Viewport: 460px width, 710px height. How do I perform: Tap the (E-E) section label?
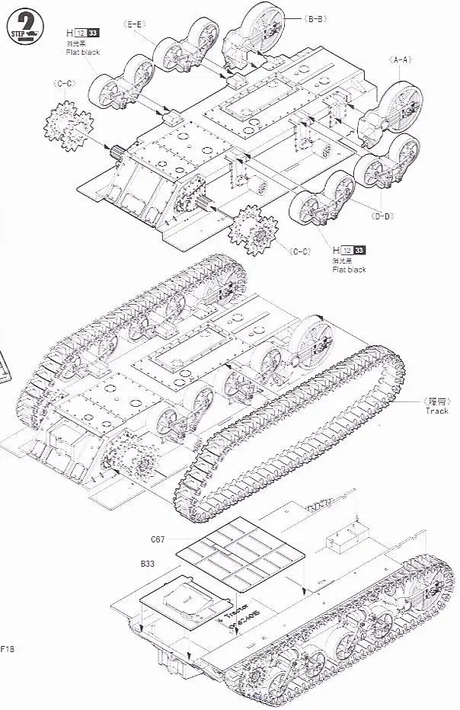tap(136, 24)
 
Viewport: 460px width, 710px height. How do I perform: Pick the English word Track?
tap(437, 411)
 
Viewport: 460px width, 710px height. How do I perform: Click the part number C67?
tap(158, 539)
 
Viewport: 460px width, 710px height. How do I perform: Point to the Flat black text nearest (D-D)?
tap(348, 270)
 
